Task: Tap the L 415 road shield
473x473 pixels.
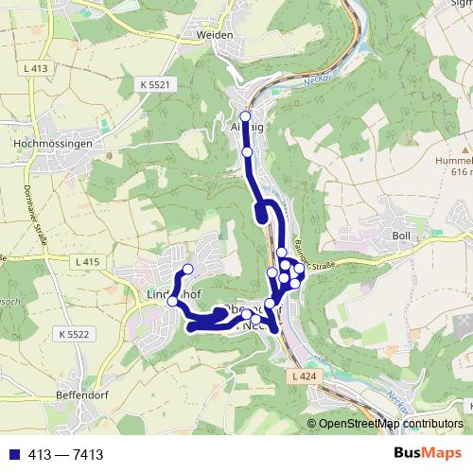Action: click(85, 260)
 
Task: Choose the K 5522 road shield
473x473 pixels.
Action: click(72, 335)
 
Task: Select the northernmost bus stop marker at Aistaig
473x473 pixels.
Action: click(246, 117)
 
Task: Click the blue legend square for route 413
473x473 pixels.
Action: click(10, 454)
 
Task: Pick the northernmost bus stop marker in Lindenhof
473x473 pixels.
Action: click(187, 270)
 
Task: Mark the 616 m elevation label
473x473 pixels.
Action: click(461, 173)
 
